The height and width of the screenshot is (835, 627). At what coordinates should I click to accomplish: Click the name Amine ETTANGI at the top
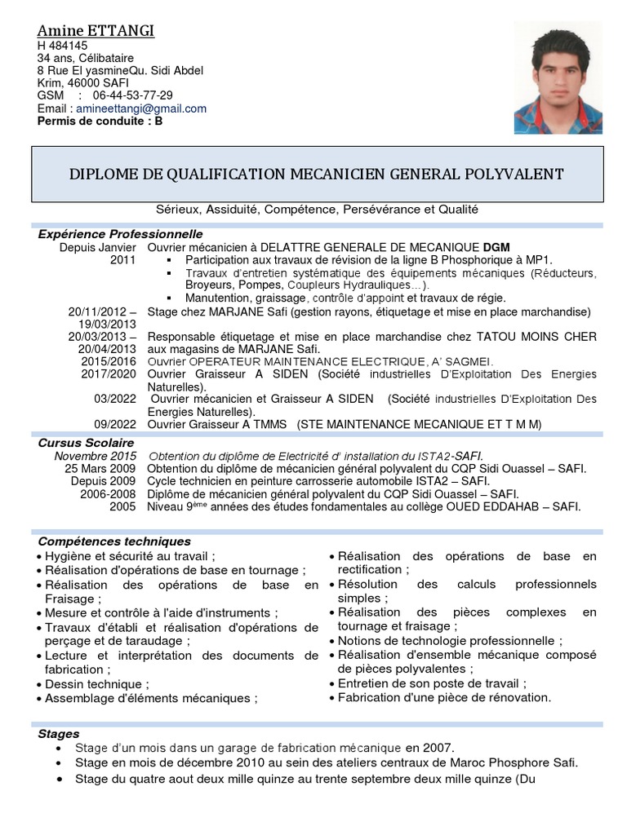pyautogui.click(x=96, y=31)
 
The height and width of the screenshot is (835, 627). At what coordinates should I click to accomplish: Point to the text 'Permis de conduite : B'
pyautogui.click(x=100, y=121)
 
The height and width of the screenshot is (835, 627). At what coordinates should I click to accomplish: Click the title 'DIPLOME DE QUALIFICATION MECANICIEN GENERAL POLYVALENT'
pyautogui.click(x=317, y=174)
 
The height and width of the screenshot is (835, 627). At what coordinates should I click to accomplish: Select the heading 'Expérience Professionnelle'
pyautogui.click(x=120, y=234)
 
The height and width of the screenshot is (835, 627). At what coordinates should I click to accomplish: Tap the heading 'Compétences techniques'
pyautogui.click(x=114, y=541)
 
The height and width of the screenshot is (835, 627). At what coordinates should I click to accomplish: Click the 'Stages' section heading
pyautogui.click(x=59, y=734)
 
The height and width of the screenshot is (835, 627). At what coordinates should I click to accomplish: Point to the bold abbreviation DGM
pyautogui.click(x=496, y=247)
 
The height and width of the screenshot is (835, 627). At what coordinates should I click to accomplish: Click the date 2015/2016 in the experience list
pyautogui.click(x=109, y=361)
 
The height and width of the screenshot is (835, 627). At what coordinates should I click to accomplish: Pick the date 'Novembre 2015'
pyautogui.click(x=96, y=456)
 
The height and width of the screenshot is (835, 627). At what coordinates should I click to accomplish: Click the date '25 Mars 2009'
pyautogui.click(x=100, y=469)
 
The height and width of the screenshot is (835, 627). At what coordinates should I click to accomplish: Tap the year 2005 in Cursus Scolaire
pyautogui.click(x=122, y=506)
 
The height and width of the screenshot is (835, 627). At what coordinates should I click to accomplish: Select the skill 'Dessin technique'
pyautogui.click(x=96, y=684)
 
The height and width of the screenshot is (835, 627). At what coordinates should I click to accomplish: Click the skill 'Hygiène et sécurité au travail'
pyautogui.click(x=130, y=556)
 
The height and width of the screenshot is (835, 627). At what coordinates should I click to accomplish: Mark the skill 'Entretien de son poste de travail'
pyautogui.click(x=432, y=683)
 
